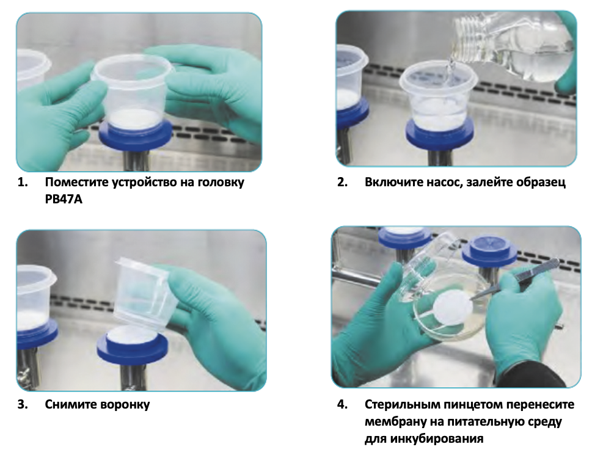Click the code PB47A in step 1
(64, 200)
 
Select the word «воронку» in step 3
(125, 405)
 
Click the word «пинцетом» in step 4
(473, 405)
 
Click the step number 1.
(23, 182)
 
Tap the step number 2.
(342, 182)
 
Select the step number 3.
(23, 405)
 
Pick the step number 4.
(342, 405)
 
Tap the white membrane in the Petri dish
(453, 307)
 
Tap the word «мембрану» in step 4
(393, 422)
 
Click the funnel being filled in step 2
(438, 98)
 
